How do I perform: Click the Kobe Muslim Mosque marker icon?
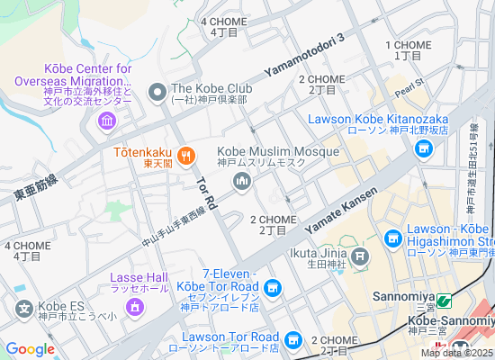(x=241, y=184)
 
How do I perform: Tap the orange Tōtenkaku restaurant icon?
(x=186, y=155)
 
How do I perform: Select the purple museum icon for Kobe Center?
(x=107, y=120)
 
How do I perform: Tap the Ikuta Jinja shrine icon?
(x=360, y=258)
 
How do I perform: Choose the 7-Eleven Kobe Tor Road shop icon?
(x=274, y=289)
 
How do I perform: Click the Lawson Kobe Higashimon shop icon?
(x=392, y=238)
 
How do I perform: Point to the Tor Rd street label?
(x=204, y=192)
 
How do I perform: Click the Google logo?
(x=30, y=349)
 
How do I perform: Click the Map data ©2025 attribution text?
(x=455, y=353)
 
